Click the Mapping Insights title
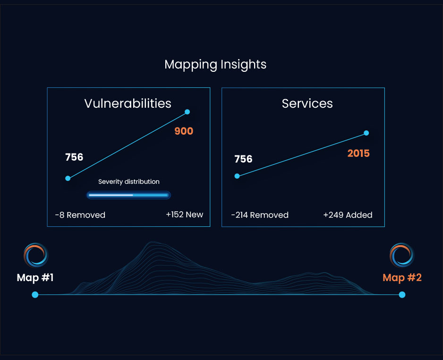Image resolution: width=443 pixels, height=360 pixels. (215, 64)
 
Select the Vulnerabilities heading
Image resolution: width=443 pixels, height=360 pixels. (128, 103)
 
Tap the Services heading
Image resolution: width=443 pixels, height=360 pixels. (307, 103)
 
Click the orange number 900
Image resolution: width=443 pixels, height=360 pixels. (184, 131)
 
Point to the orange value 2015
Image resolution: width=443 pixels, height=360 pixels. (358, 153)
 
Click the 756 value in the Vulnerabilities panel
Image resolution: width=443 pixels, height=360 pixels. (74, 157)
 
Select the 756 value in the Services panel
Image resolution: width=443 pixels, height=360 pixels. (243, 159)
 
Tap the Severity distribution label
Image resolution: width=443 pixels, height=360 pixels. (128, 181)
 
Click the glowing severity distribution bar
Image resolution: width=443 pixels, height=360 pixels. (128, 195)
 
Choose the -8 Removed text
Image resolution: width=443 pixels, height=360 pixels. (80, 215)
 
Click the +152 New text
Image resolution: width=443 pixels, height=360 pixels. (184, 214)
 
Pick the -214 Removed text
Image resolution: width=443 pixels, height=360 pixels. (259, 215)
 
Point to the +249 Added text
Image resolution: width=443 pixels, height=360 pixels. (348, 215)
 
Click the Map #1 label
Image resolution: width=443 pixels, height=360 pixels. (35, 277)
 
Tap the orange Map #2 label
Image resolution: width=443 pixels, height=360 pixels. (402, 277)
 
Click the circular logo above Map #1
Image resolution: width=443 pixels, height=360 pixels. (36, 256)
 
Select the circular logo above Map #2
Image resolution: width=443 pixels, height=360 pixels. (402, 256)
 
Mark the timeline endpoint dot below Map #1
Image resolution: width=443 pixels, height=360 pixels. (35, 295)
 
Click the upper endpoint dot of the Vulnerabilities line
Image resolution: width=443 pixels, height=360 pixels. (187, 112)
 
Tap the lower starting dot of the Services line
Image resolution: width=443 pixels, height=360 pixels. (237, 176)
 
